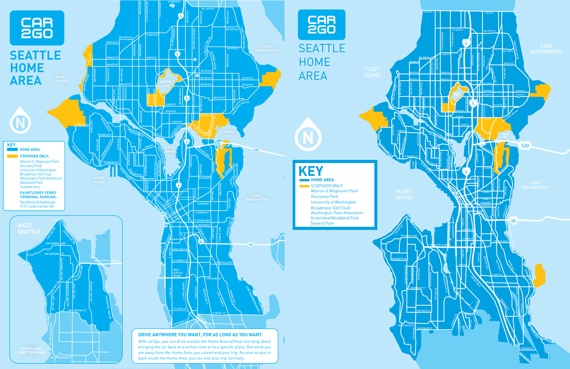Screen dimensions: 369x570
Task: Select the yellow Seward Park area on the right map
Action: click(539, 274)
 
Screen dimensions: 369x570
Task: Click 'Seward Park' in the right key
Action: click(323, 223)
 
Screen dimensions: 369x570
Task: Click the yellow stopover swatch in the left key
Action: click(12, 156)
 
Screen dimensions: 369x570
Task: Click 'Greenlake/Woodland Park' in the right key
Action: click(335, 218)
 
